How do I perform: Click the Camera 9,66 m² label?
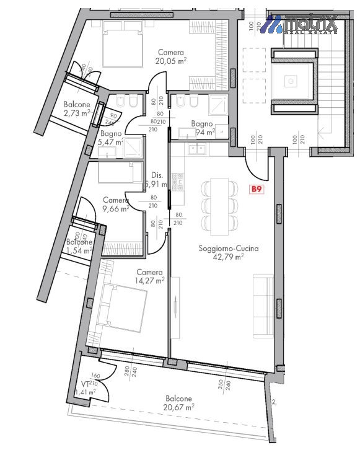(x=115, y=205)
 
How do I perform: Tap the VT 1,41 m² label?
(x=84, y=388)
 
